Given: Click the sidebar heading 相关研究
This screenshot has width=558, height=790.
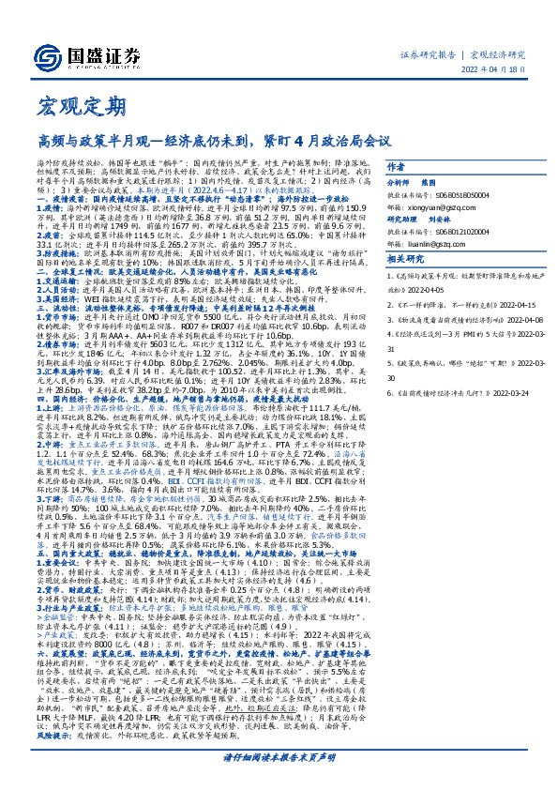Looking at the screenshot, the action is [x=402, y=259].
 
